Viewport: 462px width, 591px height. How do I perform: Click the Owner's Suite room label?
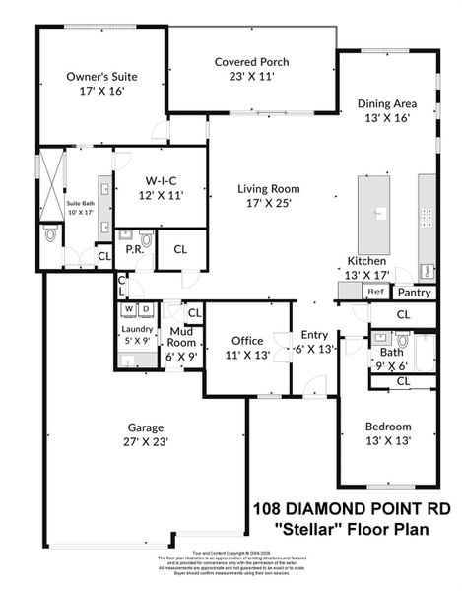pyautogui.click(x=101, y=76)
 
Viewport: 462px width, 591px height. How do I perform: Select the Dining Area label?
pyautogui.click(x=386, y=103)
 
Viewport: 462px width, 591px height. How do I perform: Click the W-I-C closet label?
pyautogui.click(x=160, y=181)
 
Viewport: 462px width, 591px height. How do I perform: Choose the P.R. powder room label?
pyautogui.click(x=135, y=249)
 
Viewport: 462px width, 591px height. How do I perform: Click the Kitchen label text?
pyautogui.click(x=365, y=261)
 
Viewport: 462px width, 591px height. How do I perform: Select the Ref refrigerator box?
pyautogui.click(x=374, y=292)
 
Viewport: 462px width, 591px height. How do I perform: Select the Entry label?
pyautogui.click(x=314, y=335)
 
